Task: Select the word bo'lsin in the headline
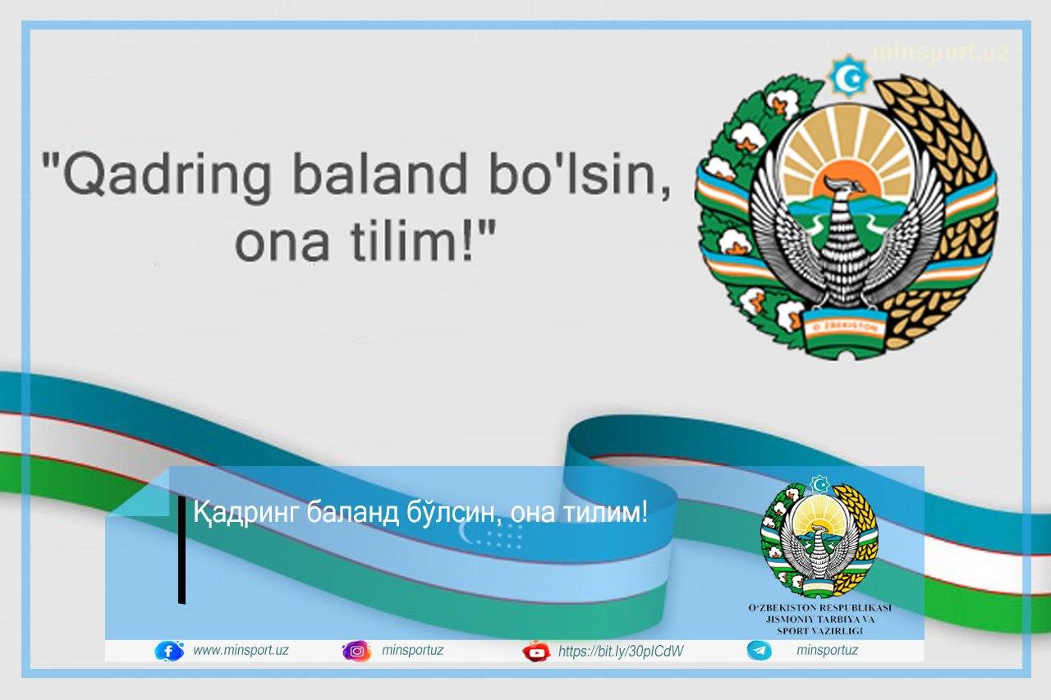point(580,173)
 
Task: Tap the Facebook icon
point(169,651)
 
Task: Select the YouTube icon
point(536,652)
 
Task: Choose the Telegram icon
point(759,651)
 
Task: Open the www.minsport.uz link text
point(241,651)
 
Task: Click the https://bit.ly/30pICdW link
point(621,652)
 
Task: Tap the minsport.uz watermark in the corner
point(941,53)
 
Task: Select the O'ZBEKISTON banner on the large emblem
point(845,327)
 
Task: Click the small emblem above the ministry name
point(819,538)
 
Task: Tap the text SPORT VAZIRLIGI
point(819,631)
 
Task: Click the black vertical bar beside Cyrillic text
point(181,549)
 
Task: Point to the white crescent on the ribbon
point(466,532)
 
